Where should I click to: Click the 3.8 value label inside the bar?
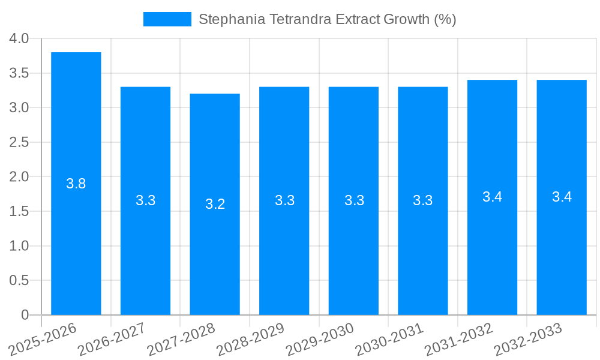(76, 184)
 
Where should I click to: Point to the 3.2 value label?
(215, 204)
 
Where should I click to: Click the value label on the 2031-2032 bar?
(492, 197)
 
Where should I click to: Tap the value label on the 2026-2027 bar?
(145, 200)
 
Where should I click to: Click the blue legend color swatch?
(167, 19)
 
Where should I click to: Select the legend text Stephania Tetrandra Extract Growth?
(327, 19)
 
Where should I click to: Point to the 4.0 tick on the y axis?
(19, 39)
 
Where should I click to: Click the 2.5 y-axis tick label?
(19, 142)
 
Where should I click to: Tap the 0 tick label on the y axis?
(25, 315)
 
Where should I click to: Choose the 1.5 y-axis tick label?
(19, 211)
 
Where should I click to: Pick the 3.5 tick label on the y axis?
(19, 73)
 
